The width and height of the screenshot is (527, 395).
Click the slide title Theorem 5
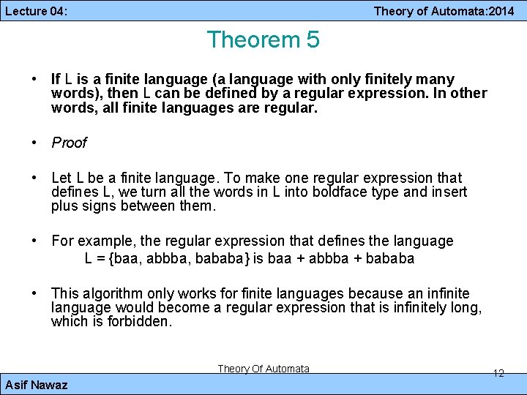coord(263,39)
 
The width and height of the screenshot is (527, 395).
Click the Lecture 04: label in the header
coord(36,11)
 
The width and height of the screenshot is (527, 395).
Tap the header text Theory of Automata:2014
coord(444,11)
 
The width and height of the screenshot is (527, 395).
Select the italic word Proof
coord(69,143)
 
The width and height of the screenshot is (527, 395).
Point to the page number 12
coord(498,373)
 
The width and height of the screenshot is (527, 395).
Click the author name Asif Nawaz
coord(36,385)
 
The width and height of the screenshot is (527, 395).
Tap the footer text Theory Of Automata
coord(263,369)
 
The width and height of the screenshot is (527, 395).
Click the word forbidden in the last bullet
coord(139,321)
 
